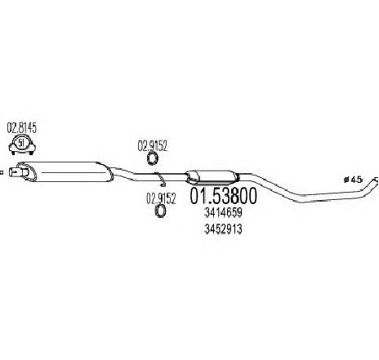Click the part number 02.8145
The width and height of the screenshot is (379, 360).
(x=21, y=128)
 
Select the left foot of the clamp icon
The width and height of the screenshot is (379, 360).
(x=13, y=153)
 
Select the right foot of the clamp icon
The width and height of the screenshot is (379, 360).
(x=31, y=153)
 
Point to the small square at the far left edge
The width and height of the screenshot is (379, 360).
(x=2, y=172)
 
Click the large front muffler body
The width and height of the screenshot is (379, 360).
(x=65, y=171)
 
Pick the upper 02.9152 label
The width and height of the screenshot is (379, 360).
(x=152, y=146)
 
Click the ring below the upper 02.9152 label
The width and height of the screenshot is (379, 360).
(x=153, y=159)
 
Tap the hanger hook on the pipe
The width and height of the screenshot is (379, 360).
(x=161, y=180)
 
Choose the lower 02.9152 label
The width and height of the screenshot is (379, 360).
(x=161, y=198)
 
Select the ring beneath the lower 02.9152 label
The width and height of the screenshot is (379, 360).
(x=161, y=211)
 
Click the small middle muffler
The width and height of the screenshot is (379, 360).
(x=212, y=177)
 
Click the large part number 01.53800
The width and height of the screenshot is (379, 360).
(x=223, y=196)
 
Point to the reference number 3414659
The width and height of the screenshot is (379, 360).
(x=223, y=213)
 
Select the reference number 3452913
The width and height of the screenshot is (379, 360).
(x=223, y=229)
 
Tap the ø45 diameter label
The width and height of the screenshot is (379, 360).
(x=354, y=180)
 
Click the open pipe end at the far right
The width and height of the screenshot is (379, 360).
(x=377, y=180)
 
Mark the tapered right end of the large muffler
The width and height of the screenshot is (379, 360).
(x=109, y=172)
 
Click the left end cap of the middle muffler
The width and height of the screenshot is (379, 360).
(x=190, y=177)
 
